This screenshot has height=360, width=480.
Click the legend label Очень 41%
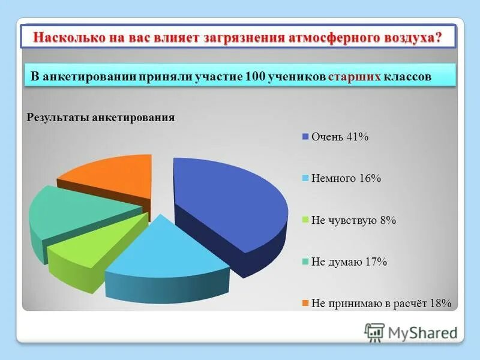(340, 137)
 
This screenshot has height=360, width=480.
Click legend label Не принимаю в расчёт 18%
(380, 303)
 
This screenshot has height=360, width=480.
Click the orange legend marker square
(305, 303)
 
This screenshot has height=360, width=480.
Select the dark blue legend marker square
(305, 137)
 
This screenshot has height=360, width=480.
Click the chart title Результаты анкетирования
(101, 118)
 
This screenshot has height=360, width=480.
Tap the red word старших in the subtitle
(355, 77)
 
